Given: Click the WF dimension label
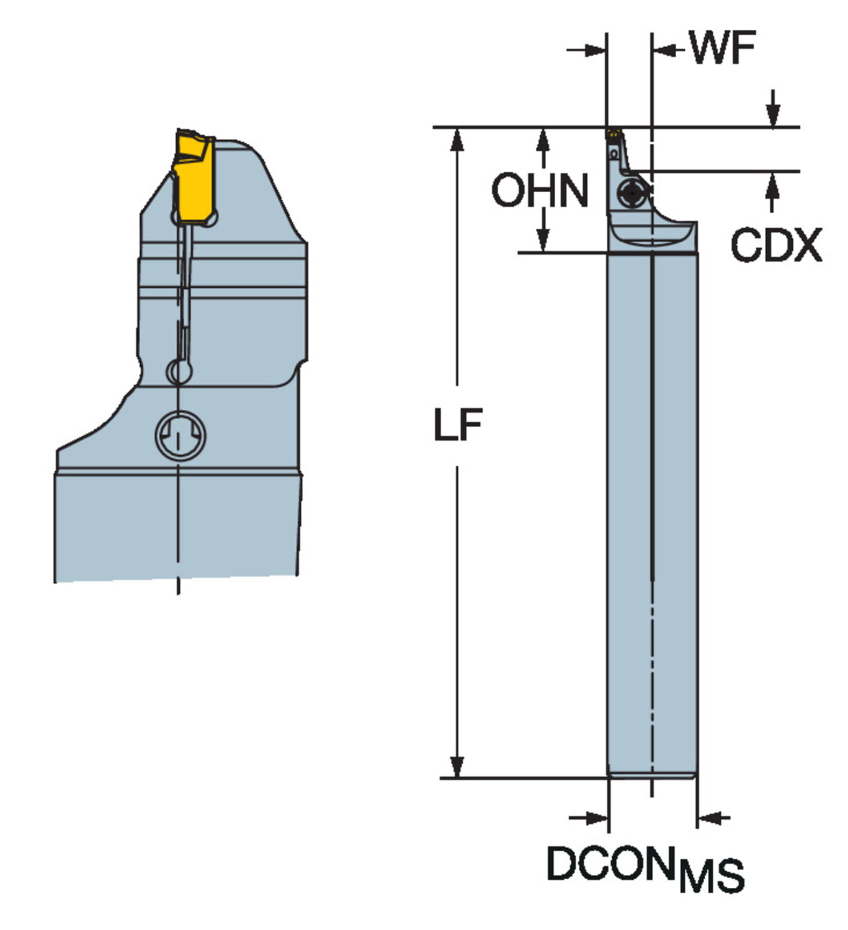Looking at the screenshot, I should [723, 48].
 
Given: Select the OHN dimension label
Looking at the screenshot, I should [540, 190].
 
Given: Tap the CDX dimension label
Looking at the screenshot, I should [776, 246].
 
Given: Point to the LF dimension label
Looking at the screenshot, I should [458, 425].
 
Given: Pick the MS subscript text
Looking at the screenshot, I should [712, 875].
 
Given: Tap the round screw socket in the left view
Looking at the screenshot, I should [180, 435].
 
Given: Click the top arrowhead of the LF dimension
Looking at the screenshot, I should [457, 139].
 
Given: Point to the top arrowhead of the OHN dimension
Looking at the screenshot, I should [543, 139].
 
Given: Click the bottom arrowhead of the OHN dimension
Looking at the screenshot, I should [543, 241].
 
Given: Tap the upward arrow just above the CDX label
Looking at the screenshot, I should [772, 184].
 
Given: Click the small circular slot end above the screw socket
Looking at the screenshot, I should [179, 372].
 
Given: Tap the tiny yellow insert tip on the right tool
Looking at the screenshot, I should [614, 132].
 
